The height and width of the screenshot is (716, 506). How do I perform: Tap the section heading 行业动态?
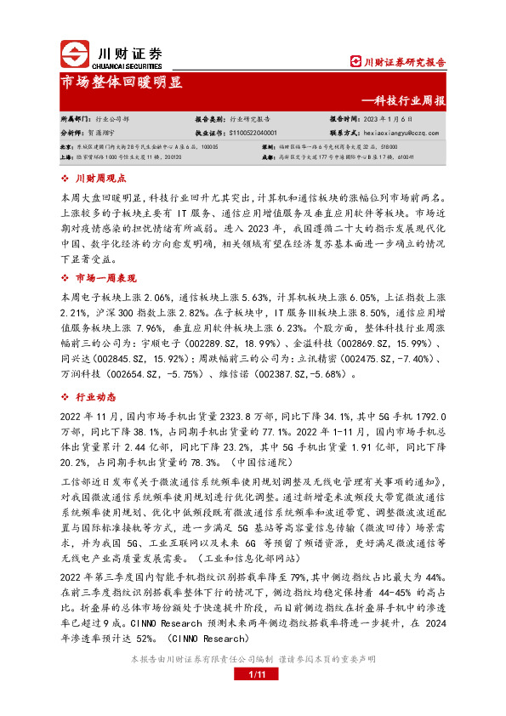tap(95, 396)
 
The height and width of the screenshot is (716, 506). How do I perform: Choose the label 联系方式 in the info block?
tap(344, 134)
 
